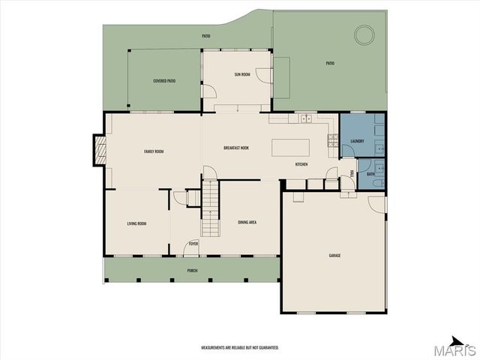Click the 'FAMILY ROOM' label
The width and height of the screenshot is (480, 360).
154,151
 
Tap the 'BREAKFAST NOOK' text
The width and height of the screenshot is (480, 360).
236,148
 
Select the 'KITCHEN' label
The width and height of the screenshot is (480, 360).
301,163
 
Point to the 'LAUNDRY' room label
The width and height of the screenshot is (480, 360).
357,141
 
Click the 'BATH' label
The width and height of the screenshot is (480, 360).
370,174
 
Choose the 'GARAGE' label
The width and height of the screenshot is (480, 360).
334,256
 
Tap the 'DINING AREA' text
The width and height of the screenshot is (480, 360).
248,223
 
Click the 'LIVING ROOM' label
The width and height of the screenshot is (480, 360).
136,223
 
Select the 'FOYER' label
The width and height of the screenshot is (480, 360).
193,244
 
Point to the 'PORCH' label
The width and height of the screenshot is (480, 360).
193,270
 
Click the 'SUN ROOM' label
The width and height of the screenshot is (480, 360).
241,74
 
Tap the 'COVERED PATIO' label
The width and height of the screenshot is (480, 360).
164,80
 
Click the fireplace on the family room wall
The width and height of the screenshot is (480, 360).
97,149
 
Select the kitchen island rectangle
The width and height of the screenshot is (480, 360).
290,145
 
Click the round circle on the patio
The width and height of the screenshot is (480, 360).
364,34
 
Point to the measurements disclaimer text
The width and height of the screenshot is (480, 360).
239,348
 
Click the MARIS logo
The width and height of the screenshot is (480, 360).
457,347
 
